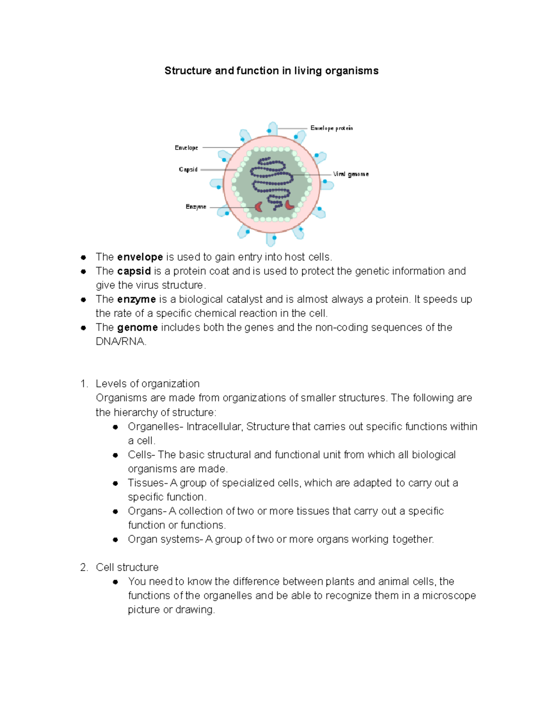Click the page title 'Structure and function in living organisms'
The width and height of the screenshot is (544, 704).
(x=271, y=71)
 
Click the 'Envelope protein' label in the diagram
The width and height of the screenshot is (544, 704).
(x=331, y=128)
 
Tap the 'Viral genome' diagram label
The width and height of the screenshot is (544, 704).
(x=350, y=174)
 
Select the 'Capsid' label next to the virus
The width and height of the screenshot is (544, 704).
(x=188, y=170)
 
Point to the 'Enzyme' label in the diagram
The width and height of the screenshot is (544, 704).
(x=196, y=207)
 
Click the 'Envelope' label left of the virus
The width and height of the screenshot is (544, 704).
(x=186, y=148)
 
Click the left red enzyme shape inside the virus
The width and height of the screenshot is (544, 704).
(x=258, y=207)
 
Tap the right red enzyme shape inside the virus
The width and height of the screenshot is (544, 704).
(x=289, y=205)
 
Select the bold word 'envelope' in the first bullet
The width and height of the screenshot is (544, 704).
(x=140, y=257)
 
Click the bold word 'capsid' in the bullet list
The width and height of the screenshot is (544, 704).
(x=134, y=271)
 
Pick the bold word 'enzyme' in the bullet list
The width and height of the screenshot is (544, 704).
(x=136, y=299)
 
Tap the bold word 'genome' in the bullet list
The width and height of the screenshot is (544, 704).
(x=137, y=327)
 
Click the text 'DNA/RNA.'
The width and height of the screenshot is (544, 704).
(x=121, y=342)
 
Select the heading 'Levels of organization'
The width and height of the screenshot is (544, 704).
(x=147, y=384)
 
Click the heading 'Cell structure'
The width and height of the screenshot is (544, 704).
(x=127, y=567)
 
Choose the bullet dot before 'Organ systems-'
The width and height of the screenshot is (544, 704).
(x=116, y=539)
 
